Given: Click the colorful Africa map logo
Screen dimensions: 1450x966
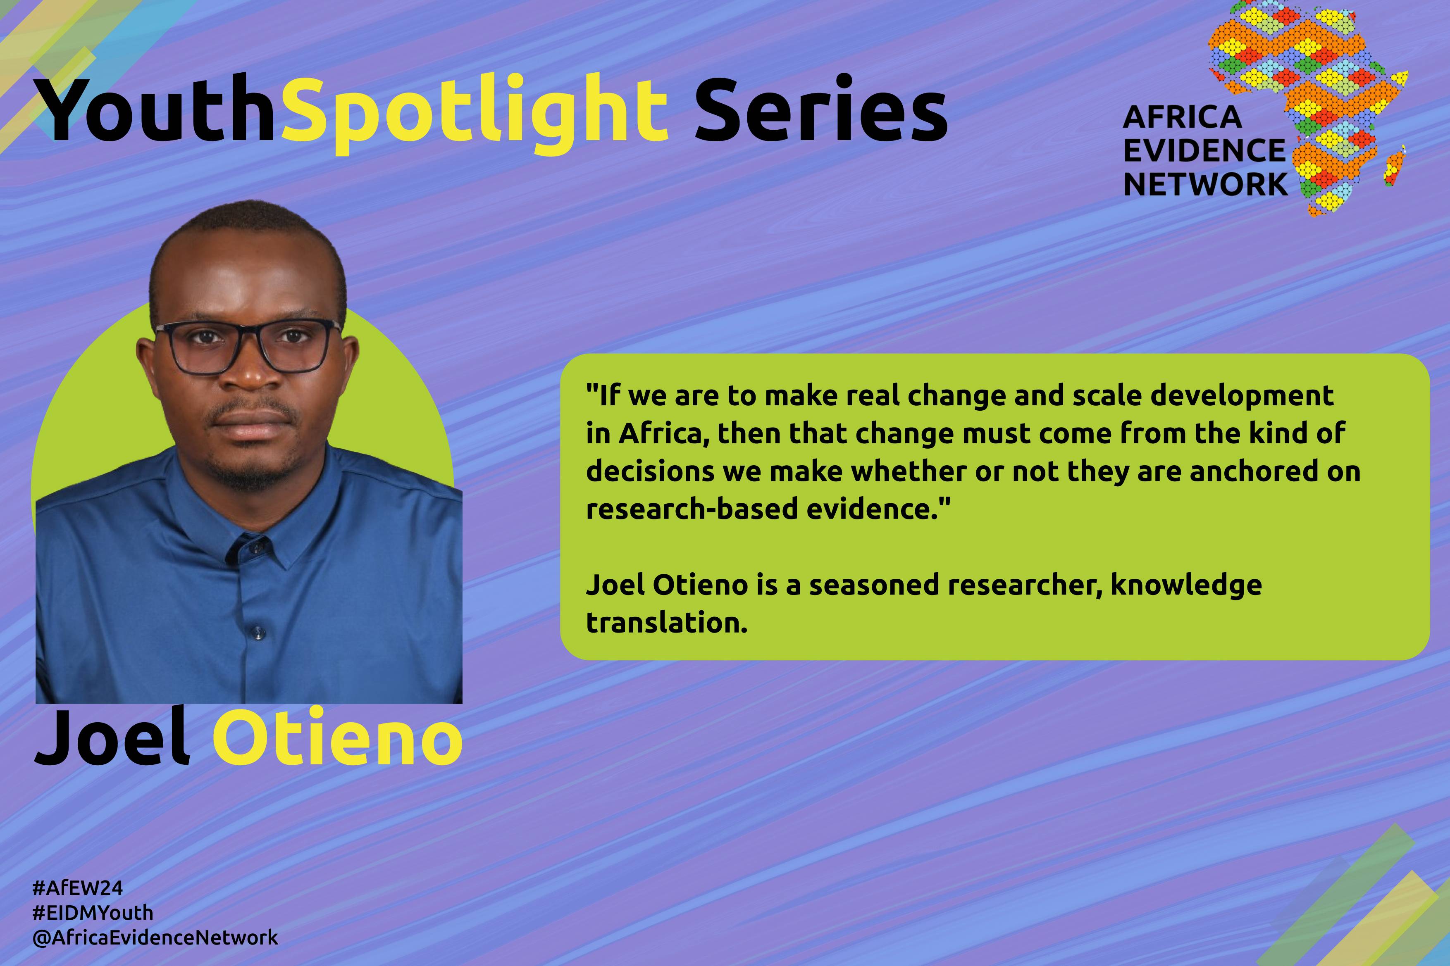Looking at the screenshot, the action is (1307, 108).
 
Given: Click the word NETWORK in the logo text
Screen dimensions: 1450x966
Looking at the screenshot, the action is (1205, 183).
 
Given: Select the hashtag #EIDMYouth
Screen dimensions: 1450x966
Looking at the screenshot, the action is (93, 912).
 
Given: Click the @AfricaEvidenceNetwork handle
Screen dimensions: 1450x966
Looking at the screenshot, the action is (156, 937).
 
